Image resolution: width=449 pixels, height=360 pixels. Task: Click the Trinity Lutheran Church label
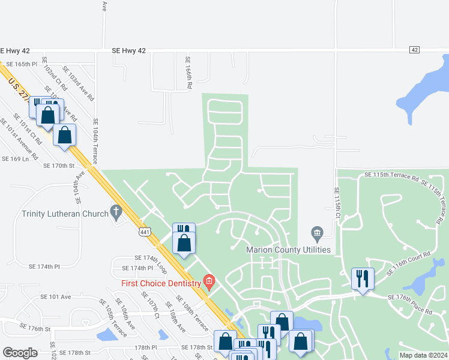[x=64, y=213]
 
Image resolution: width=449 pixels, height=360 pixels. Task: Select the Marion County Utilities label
[x=289, y=250]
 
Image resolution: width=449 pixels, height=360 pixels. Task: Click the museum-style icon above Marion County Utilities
[x=317, y=232]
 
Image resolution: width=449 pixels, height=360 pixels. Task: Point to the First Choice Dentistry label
[x=161, y=283]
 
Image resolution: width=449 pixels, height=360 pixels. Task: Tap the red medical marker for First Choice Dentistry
[x=209, y=281]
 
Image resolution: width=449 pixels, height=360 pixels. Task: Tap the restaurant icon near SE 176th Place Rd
[x=363, y=278]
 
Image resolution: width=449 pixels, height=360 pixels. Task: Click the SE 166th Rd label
[x=188, y=73]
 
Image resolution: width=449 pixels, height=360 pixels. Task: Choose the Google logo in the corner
[x=20, y=353]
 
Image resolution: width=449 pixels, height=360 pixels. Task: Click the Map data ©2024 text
[x=423, y=355]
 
